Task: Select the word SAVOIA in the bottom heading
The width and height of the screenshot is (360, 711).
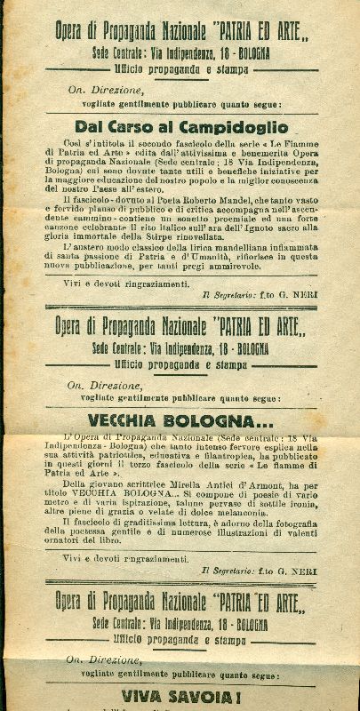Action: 204,696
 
